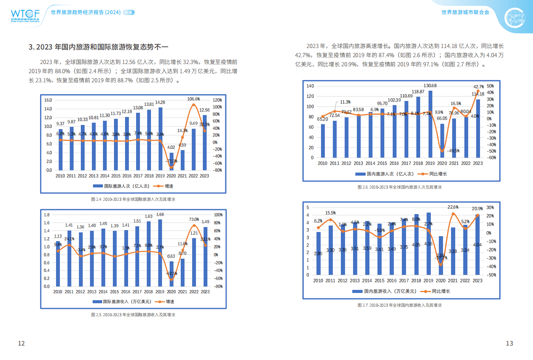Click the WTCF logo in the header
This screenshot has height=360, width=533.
(25, 16)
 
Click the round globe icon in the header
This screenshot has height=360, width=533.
(515, 18)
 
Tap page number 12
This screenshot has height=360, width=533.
(21, 343)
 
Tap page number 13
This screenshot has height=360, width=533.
(509, 343)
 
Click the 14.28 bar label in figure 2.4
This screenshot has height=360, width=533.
(160, 102)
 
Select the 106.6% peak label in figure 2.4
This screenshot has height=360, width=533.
(193, 99)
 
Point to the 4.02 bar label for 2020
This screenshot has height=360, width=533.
(171, 147)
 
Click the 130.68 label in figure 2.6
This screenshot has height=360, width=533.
(430, 86)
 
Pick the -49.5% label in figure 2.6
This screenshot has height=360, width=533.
(453, 151)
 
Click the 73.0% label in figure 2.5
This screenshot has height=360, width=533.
(194, 219)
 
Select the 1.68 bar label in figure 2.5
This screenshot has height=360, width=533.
(160, 214)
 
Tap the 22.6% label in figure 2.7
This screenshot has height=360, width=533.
(453, 207)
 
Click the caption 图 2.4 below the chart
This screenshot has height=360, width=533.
(133, 199)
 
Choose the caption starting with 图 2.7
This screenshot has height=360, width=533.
(400, 305)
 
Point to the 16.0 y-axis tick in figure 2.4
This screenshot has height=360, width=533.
(48, 100)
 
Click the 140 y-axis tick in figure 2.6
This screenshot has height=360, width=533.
(310, 86)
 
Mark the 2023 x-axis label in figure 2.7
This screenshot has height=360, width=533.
(477, 281)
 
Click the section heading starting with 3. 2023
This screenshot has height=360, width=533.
(98, 47)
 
